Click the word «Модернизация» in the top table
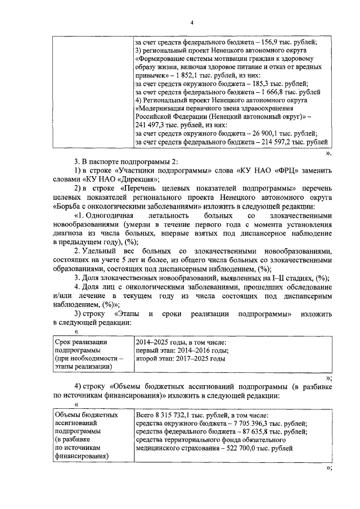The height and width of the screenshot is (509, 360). [x=165, y=108]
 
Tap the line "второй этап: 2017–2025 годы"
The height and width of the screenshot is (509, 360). [x=180, y=358]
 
